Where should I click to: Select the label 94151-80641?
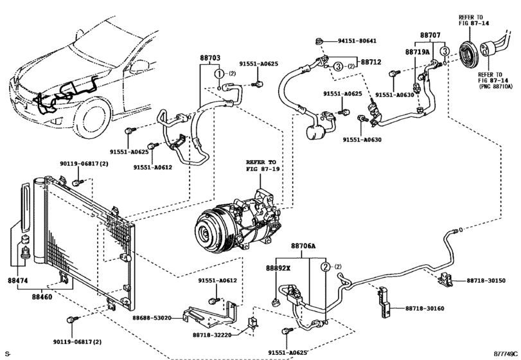pos(357,41)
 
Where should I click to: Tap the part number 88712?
pos(371,62)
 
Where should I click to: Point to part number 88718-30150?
pos(486,281)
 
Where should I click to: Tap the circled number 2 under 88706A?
pos(326,266)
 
